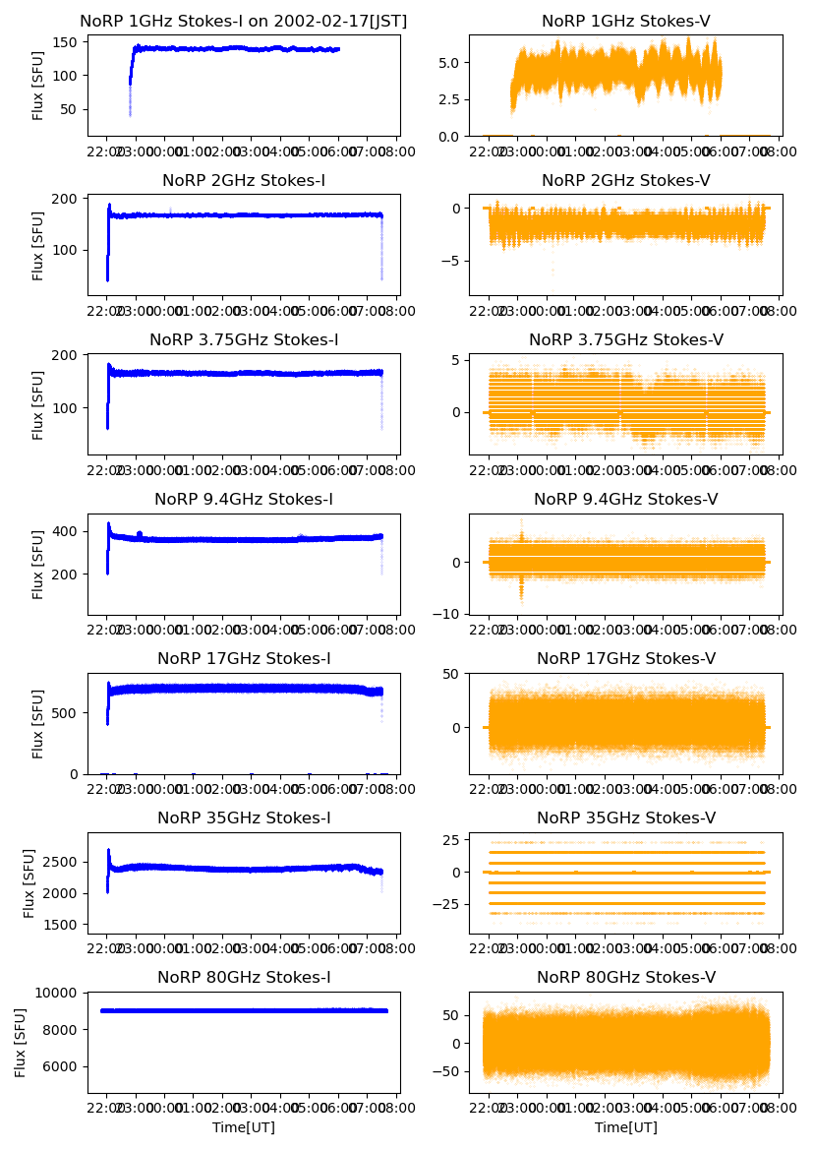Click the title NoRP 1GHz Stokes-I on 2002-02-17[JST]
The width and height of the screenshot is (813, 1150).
[243, 22]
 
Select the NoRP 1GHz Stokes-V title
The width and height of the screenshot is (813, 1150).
[626, 22]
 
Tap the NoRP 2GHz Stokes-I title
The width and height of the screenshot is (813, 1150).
[243, 181]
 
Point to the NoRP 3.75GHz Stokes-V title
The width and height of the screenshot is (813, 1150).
[626, 340]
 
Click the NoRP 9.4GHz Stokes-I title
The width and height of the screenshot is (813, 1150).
[243, 500]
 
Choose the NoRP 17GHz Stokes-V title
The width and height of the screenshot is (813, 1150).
[626, 659]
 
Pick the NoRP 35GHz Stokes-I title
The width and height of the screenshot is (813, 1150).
[243, 818]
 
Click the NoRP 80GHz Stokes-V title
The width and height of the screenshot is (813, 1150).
[626, 978]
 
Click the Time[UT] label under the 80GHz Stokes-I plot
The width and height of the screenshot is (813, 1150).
[243, 1127]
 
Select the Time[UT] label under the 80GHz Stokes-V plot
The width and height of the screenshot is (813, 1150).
[626, 1127]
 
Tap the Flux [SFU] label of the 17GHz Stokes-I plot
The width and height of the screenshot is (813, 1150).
[38, 723]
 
